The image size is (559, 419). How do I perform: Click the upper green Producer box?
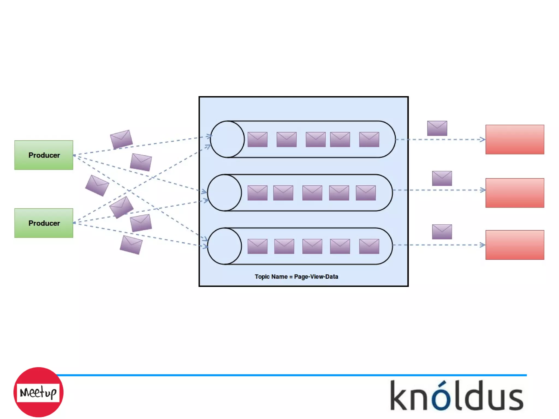click(44, 155)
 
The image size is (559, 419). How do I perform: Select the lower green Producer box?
click(44, 223)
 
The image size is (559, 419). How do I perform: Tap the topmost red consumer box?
click(515, 139)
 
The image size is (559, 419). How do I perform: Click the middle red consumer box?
click(515, 193)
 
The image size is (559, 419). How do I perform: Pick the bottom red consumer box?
click(515, 245)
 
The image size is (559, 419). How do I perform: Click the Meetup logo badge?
click(38, 392)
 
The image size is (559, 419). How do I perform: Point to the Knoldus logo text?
click(457, 396)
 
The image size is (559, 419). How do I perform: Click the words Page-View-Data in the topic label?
click(316, 277)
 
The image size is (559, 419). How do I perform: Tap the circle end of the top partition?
click(227, 139)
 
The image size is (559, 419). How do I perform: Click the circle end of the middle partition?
click(224, 193)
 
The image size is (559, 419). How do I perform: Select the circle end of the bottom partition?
click(224, 246)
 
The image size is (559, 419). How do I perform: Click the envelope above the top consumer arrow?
click(437, 128)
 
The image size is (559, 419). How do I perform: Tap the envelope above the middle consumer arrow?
click(442, 178)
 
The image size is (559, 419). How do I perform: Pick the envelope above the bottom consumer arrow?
click(442, 232)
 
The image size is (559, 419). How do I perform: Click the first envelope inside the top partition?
click(257, 139)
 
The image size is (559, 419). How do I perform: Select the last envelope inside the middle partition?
click(366, 193)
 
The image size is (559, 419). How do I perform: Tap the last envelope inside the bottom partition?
click(369, 246)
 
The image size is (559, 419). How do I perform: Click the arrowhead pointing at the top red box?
click(483, 139)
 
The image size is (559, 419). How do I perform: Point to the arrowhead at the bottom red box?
click(483, 245)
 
